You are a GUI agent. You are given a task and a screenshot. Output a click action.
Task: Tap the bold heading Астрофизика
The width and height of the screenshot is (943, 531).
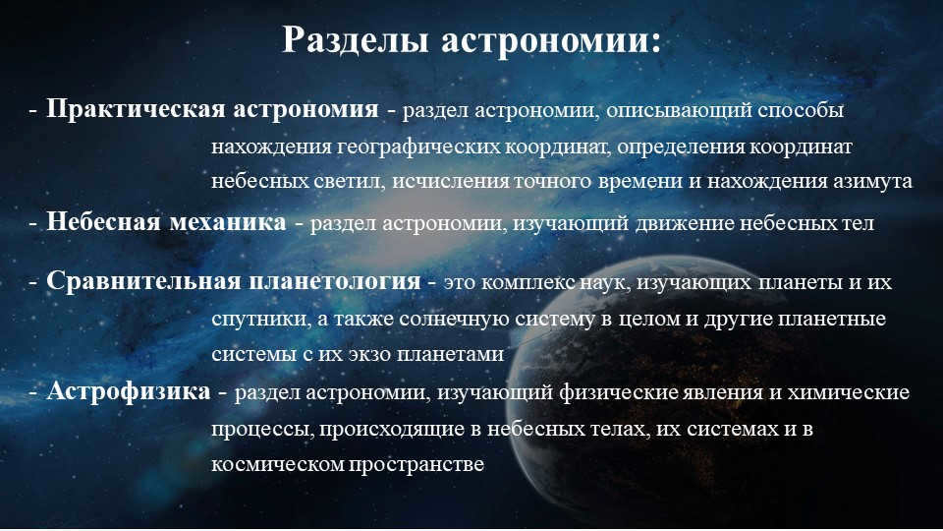[128, 391]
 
